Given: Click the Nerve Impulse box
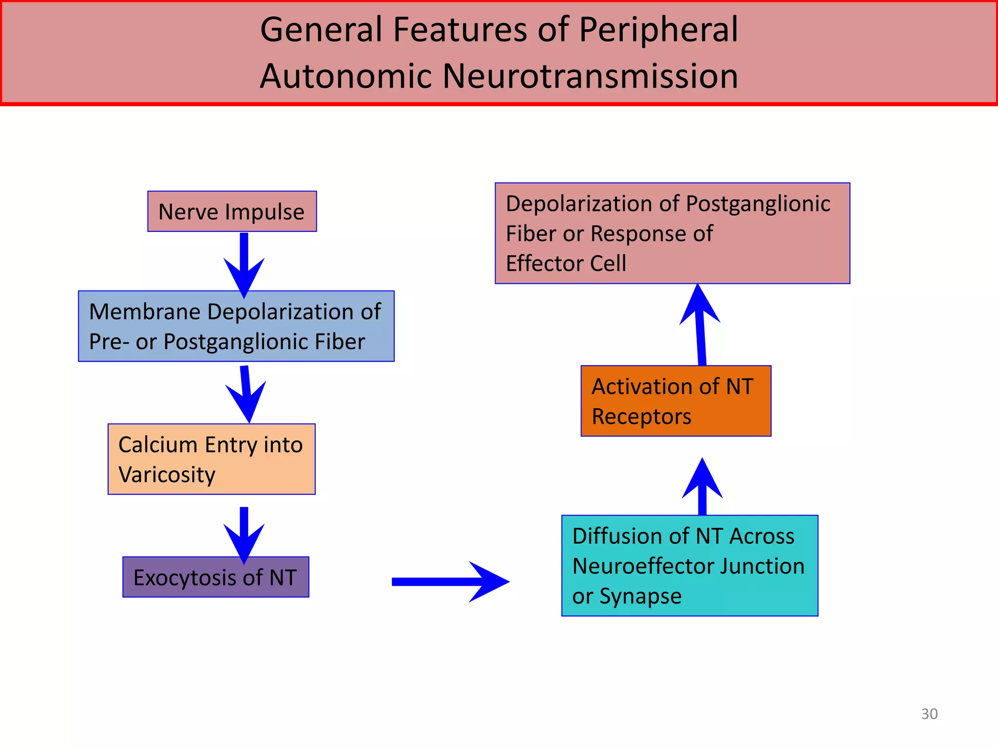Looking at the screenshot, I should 232,211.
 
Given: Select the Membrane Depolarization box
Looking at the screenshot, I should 236,326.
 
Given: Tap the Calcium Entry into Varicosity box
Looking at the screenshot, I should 211,459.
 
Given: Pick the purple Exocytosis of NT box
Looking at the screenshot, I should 215,577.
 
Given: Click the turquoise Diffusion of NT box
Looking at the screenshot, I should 689,565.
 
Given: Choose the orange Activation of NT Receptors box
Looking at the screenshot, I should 675,401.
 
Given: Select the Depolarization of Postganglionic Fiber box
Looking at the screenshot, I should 672,233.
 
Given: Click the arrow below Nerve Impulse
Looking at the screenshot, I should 244,265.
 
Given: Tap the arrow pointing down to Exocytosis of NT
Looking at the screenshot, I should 244,535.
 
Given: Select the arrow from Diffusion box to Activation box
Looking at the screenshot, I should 702,487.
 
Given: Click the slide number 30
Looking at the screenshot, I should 929,714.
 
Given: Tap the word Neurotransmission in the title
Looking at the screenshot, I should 590,76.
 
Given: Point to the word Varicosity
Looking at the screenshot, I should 167,475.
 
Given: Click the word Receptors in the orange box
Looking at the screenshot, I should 641,417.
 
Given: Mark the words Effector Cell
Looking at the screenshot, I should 566,263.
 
